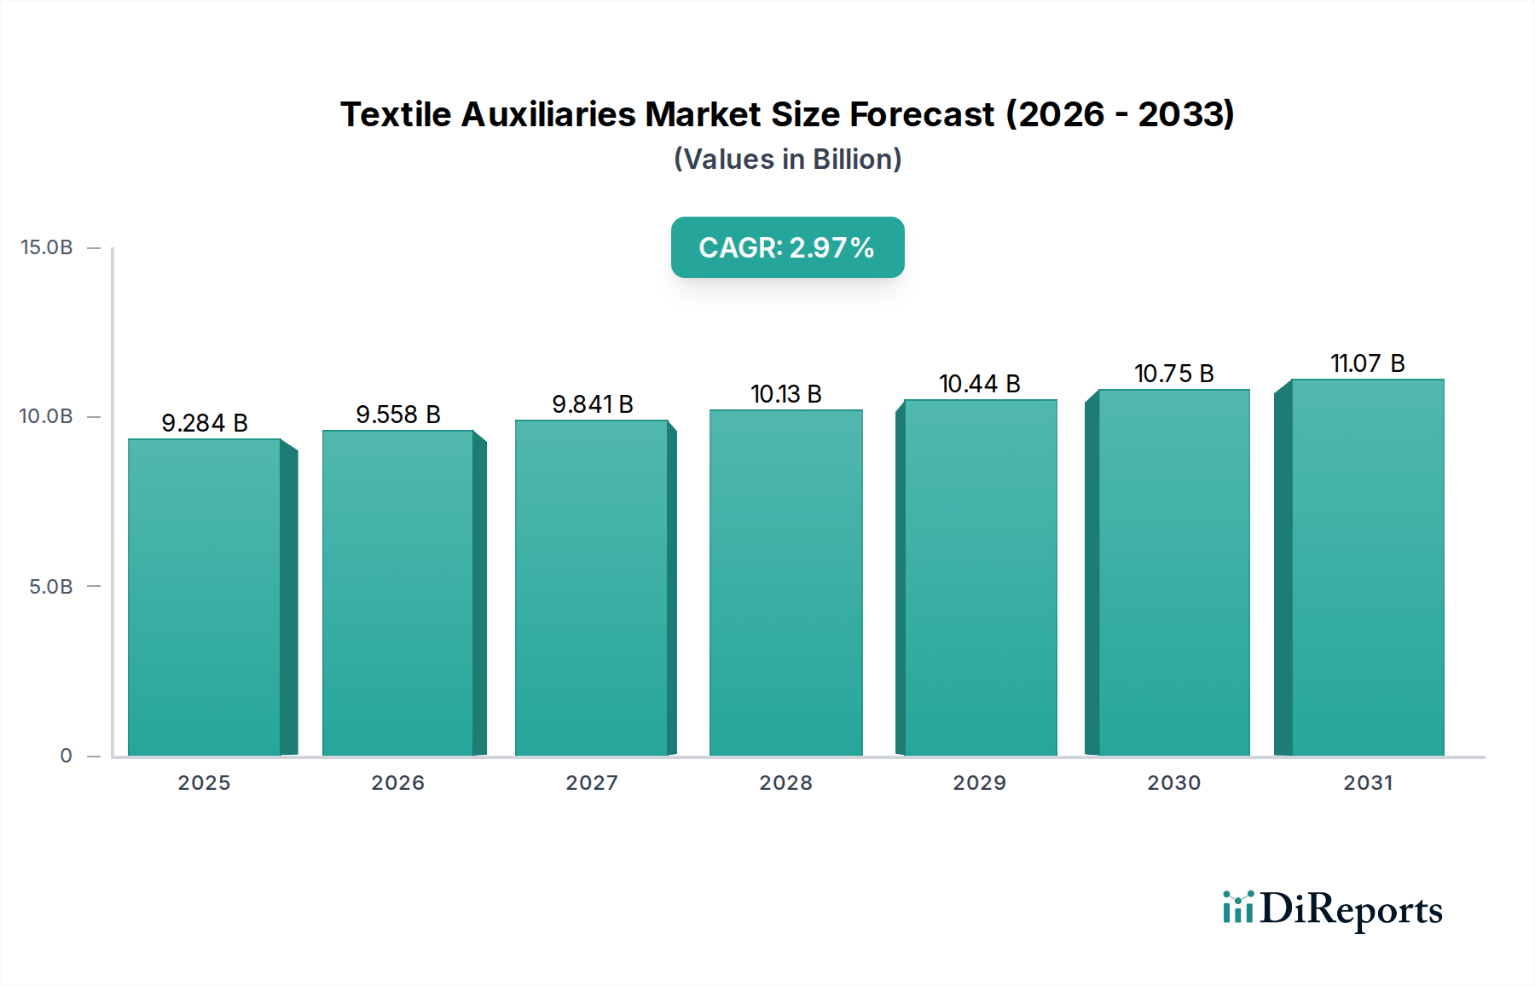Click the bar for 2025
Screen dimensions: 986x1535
pos(205,597)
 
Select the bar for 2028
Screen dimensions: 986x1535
pos(785,583)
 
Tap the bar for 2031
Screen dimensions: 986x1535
pos(1367,567)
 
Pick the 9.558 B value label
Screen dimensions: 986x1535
pos(397,415)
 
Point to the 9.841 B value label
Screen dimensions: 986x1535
pos(592,404)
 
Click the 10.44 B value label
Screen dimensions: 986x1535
pos(979,384)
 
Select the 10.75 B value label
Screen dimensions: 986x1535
pos(1173,374)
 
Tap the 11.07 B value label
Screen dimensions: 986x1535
pos(1367,363)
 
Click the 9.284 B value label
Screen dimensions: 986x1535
pos(204,423)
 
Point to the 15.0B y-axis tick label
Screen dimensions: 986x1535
pos(47,247)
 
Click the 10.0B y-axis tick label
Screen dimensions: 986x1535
pos(47,416)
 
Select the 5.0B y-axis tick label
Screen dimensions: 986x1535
pos(51,587)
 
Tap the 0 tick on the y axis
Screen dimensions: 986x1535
pos(66,756)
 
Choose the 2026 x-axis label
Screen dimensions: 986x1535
pos(397,783)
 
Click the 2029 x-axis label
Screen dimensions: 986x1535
pos(979,783)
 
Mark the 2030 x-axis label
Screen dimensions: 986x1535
pos(1173,783)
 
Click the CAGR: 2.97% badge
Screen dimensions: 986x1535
pos(787,247)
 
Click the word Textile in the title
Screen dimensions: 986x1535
pos(395,114)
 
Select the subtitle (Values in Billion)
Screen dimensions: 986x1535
pos(787,159)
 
